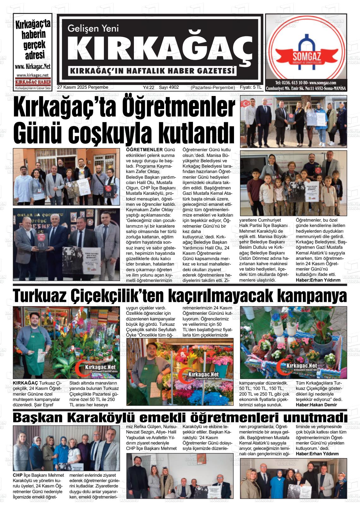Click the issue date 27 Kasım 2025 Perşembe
tap(83, 87)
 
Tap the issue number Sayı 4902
tap(169, 87)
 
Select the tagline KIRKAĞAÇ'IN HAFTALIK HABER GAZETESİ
tap(153, 71)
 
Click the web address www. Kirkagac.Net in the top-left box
tap(33, 67)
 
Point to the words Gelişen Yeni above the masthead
tap(93, 28)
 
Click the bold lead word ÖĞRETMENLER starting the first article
tap(144, 149)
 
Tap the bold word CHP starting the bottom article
tap(18, 475)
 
